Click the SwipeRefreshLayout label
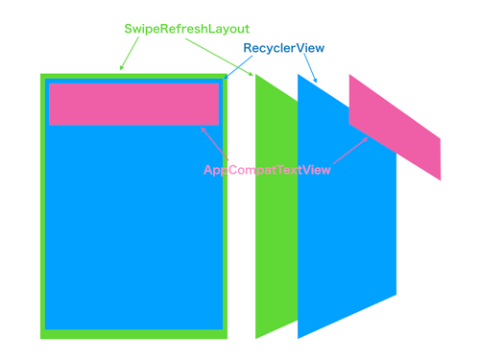click(186, 30)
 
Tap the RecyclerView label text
click(284, 48)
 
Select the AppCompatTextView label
click(267, 170)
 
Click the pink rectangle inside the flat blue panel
click(133, 105)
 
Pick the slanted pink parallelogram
click(395, 128)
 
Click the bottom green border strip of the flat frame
click(133, 334)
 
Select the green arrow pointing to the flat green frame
click(130, 54)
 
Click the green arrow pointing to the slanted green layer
click(219, 57)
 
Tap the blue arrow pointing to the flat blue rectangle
click(238, 67)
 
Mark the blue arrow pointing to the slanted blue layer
click(310, 68)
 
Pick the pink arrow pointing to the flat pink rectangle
click(214, 143)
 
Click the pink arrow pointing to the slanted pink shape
click(350, 151)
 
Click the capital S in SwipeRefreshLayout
click(129, 29)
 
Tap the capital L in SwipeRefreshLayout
click(211, 29)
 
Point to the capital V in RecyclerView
click(301, 48)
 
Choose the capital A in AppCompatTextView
click(208, 170)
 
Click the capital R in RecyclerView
click(248, 48)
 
